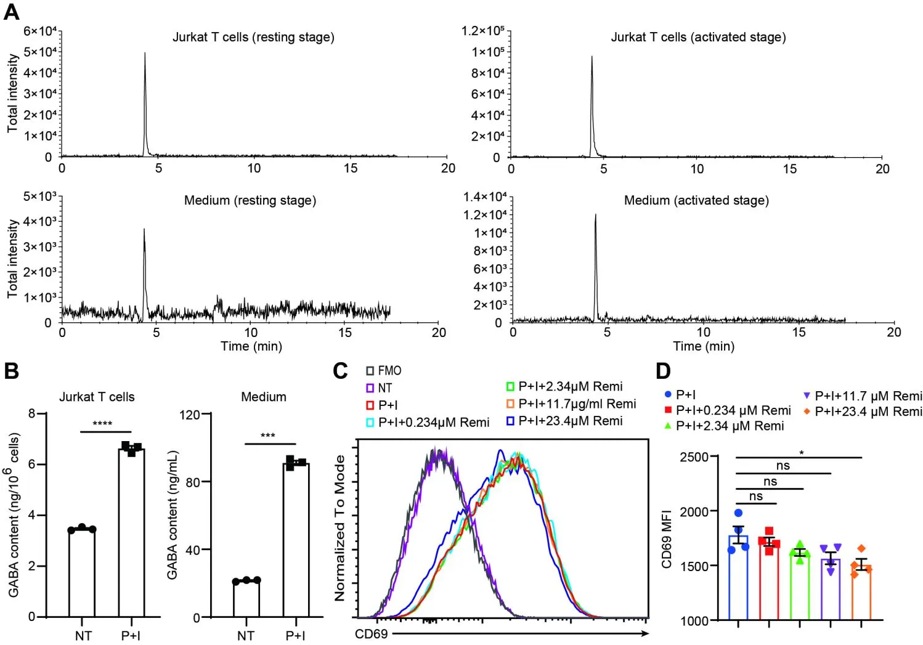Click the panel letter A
pos(12,12)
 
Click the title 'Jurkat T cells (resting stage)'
pos(253,37)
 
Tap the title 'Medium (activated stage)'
pos(696,200)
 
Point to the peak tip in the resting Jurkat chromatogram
pos(145,54)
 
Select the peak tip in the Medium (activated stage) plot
pos(595,215)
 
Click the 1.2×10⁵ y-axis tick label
pos(482,31)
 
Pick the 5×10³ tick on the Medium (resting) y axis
pos(39,197)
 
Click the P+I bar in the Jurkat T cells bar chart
pos(131,533)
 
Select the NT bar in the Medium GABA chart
pos(246,598)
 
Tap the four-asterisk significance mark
pos(102,424)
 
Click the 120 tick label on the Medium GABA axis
pos(189,415)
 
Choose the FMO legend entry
pos(384,371)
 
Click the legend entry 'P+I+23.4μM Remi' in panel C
pos(564,421)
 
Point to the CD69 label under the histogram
pos(372,634)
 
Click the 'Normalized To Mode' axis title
pos(340,528)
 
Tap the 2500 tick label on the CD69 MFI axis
pos(694,457)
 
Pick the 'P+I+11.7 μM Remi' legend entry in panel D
pos(862,396)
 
